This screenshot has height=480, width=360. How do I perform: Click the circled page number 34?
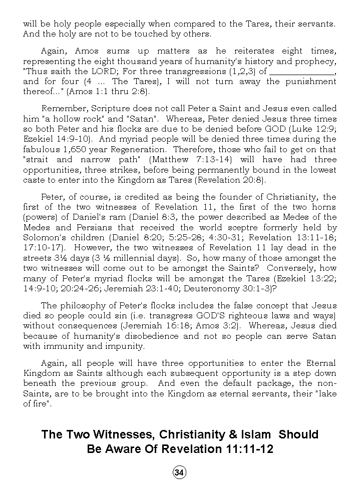(x=180, y=472)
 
